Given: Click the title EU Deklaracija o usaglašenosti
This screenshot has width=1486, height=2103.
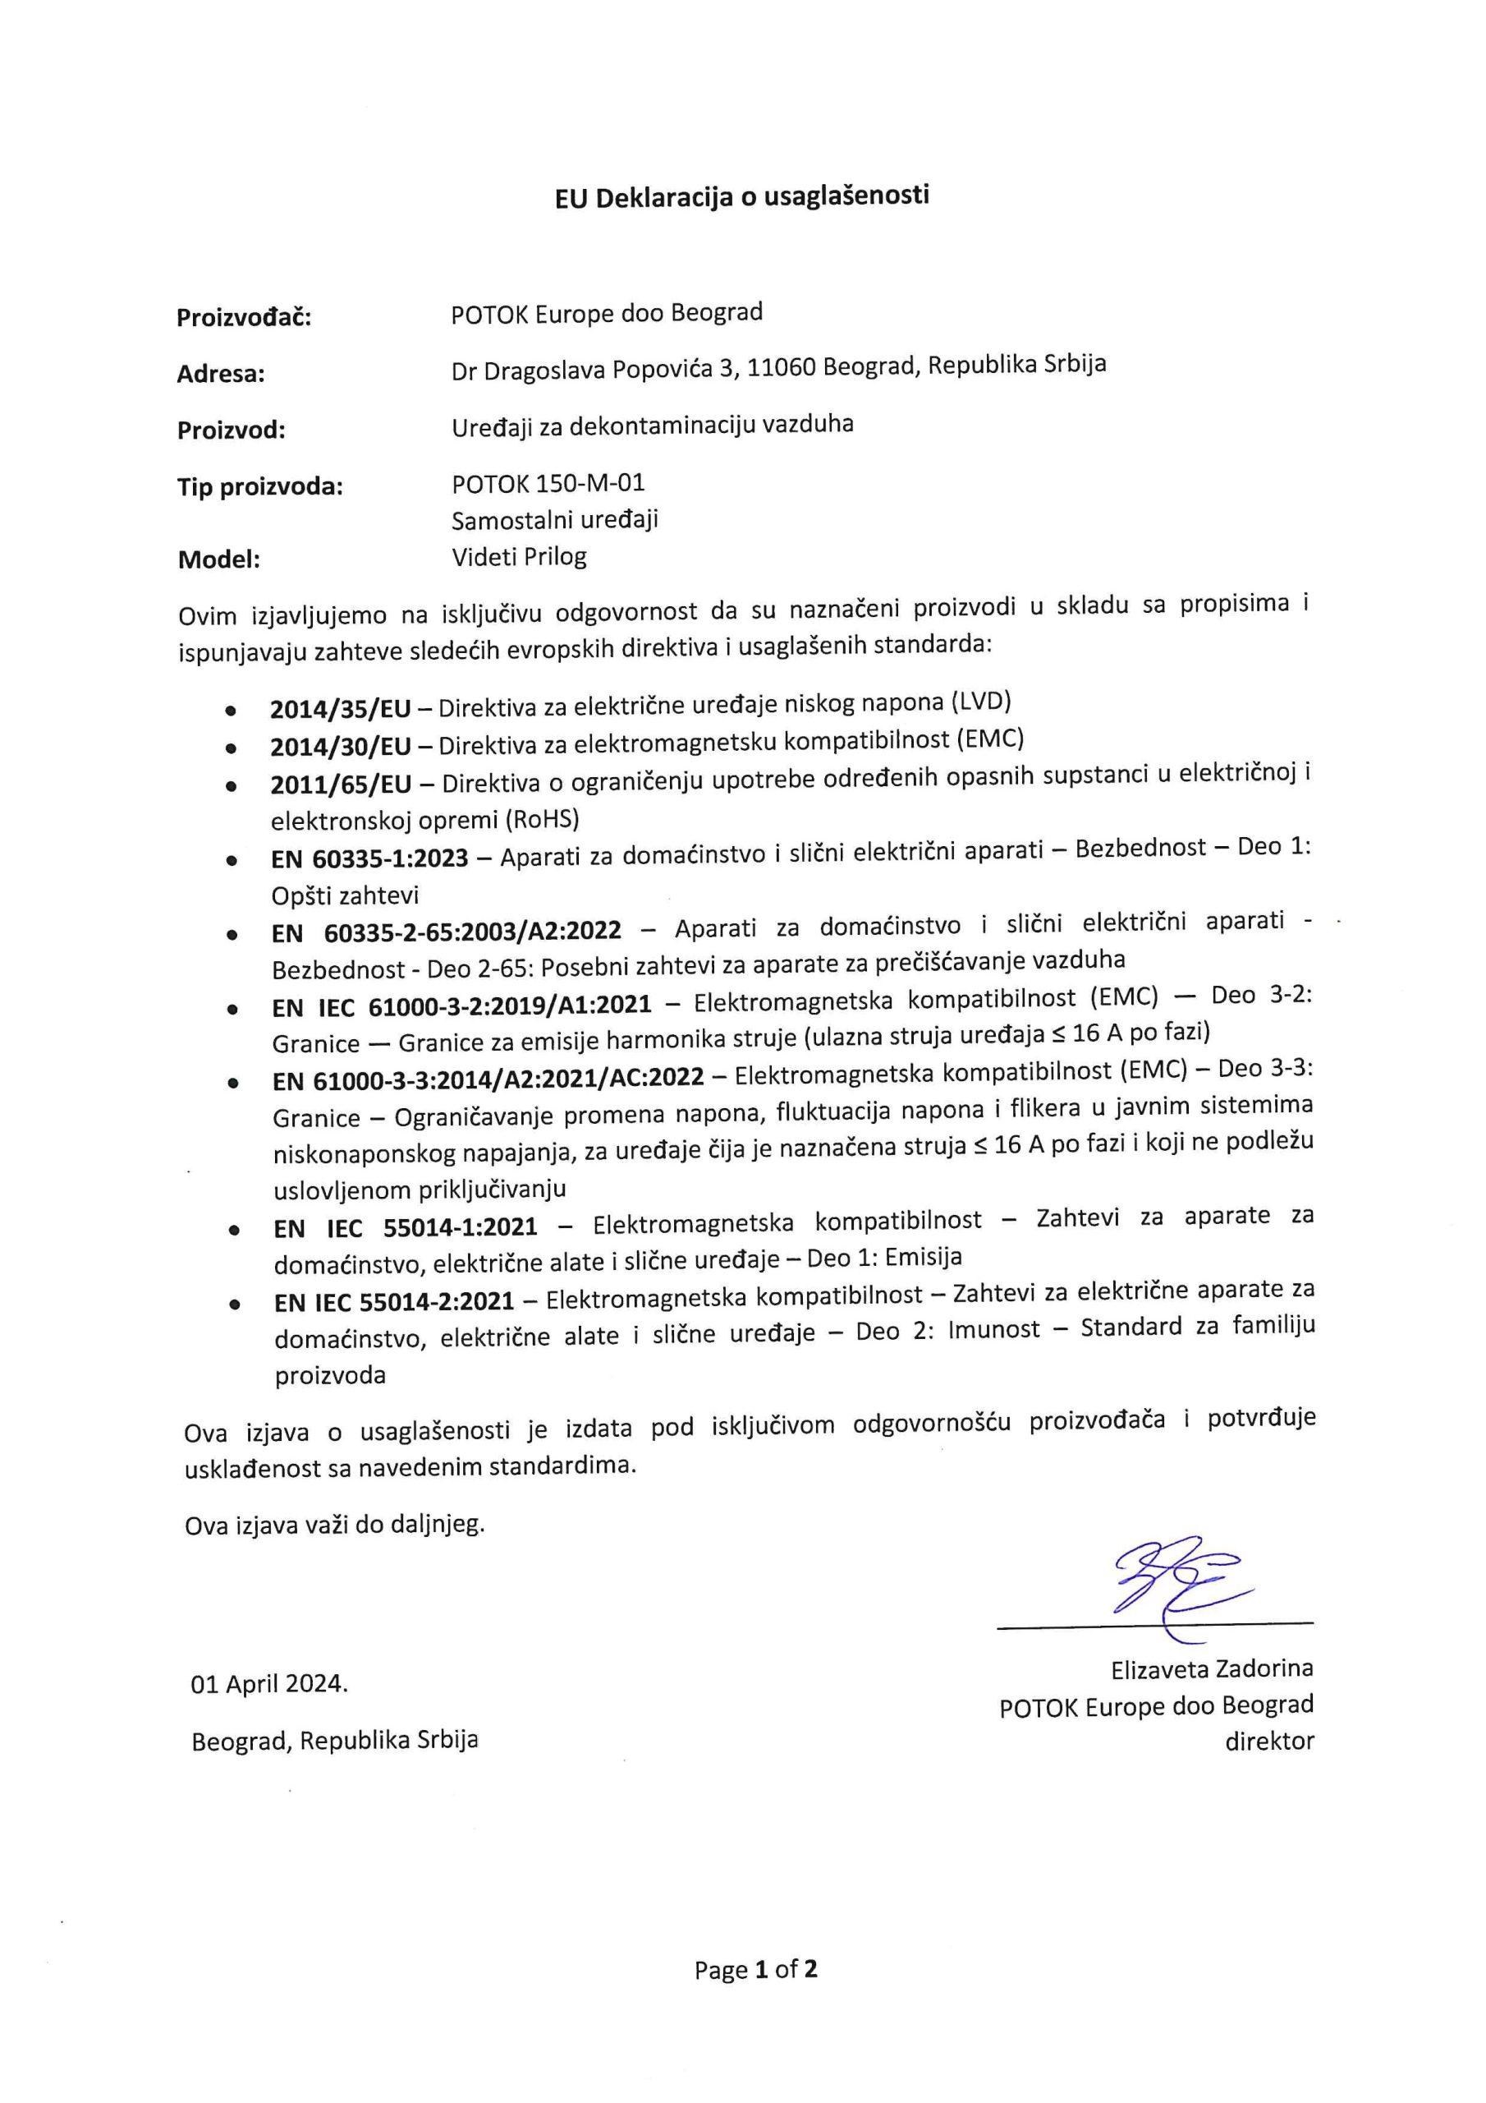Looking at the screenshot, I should tap(741, 197).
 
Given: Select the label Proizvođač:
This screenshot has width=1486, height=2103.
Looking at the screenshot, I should tap(244, 318).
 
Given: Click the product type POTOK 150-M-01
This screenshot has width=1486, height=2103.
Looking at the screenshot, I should tap(548, 483).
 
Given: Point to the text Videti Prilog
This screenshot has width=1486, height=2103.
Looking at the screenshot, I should tap(519, 557).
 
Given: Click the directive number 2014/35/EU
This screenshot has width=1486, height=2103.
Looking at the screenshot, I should tap(341, 709).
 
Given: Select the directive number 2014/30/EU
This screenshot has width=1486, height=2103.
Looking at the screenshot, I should tap(341, 747).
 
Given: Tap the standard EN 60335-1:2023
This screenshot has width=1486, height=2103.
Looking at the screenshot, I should tap(370, 858).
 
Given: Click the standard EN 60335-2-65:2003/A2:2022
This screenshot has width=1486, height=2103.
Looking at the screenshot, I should tap(447, 932).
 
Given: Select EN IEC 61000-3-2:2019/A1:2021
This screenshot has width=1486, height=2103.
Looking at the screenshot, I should tap(462, 1005).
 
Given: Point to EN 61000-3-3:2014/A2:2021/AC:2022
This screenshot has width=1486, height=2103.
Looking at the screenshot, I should tap(488, 1079).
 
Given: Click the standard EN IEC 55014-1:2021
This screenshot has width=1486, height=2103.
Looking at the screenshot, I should tap(406, 1227).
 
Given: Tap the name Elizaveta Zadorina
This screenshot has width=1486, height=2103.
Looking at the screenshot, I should tap(1213, 1668).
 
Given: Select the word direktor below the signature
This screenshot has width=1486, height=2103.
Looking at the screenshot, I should tap(1269, 1742).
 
